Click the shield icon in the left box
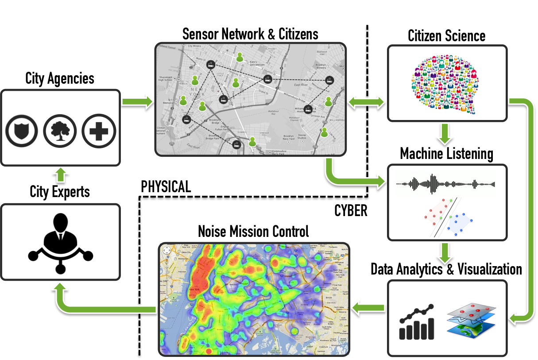(x=20, y=131)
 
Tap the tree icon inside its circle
(x=60, y=131)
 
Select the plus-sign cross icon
(x=99, y=131)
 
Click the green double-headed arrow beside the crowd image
(x=366, y=103)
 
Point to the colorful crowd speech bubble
(x=446, y=83)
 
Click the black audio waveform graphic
(x=445, y=184)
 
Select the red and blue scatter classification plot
(x=448, y=217)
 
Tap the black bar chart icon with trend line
(x=417, y=323)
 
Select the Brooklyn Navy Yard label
(x=289, y=137)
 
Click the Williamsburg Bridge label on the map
(x=304, y=94)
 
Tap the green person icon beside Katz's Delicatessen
(x=240, y=57)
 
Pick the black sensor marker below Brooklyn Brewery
(x=329, y=80)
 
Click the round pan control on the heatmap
(x=166, y=250)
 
